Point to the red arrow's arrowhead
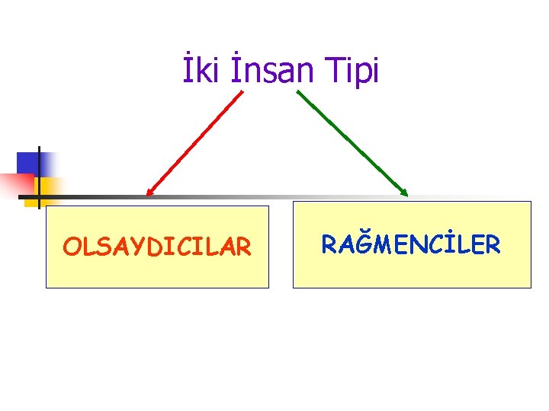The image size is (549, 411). coord(149,193)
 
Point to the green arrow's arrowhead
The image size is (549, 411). coord(404,192)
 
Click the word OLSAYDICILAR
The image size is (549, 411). coord(157,247)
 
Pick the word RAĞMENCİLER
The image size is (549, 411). coord(411,244)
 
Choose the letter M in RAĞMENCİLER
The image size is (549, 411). coord(384,245)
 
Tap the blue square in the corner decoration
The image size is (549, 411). coord(28,163)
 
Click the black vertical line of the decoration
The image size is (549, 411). coord(38,175)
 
